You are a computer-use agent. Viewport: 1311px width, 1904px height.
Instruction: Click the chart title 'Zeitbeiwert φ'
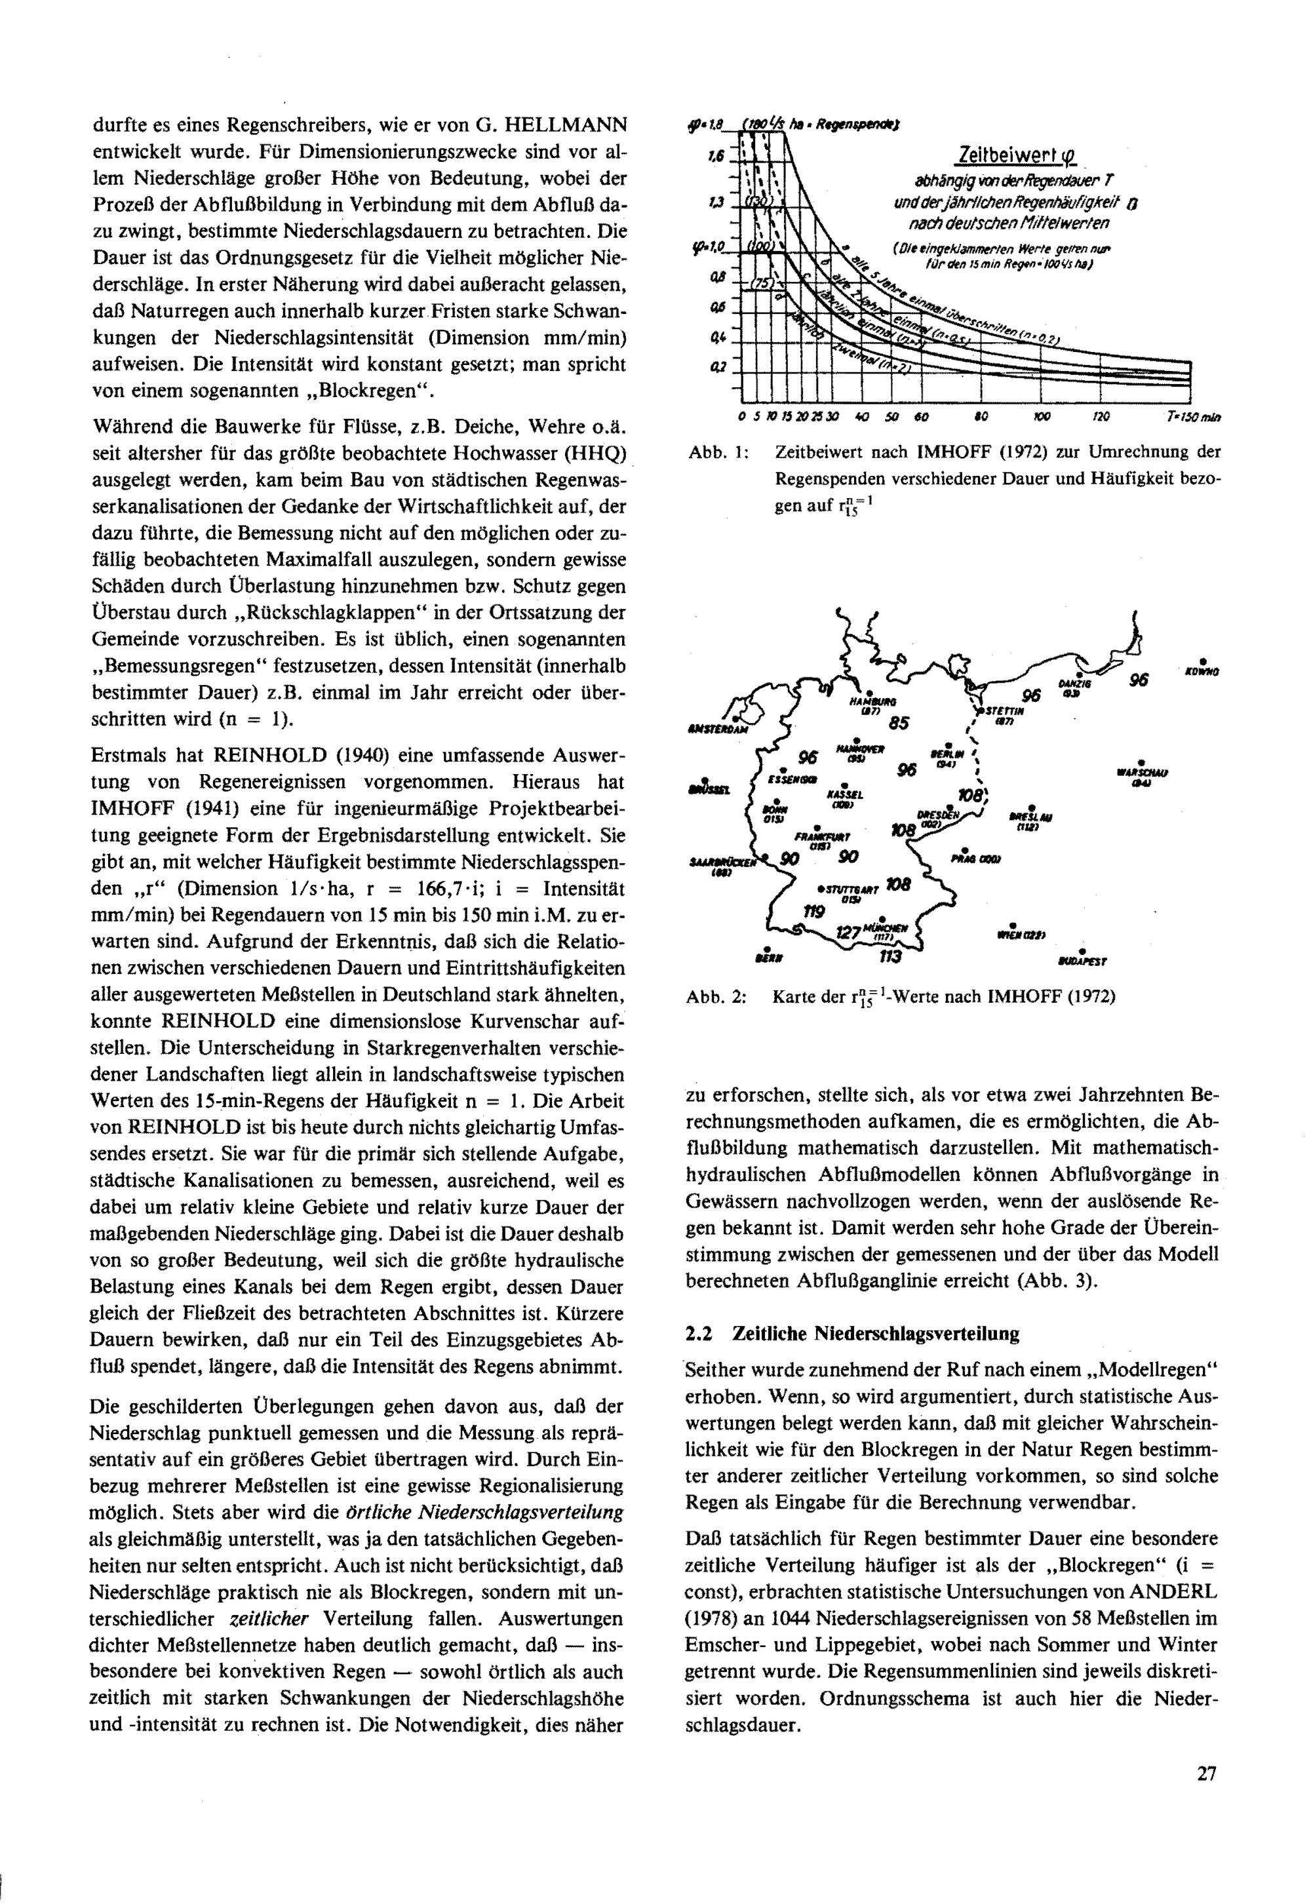pos(1016,155)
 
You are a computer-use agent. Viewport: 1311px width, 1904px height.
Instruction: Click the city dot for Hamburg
pos(869,692)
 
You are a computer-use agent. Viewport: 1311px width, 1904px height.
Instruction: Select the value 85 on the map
pos(899,724)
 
